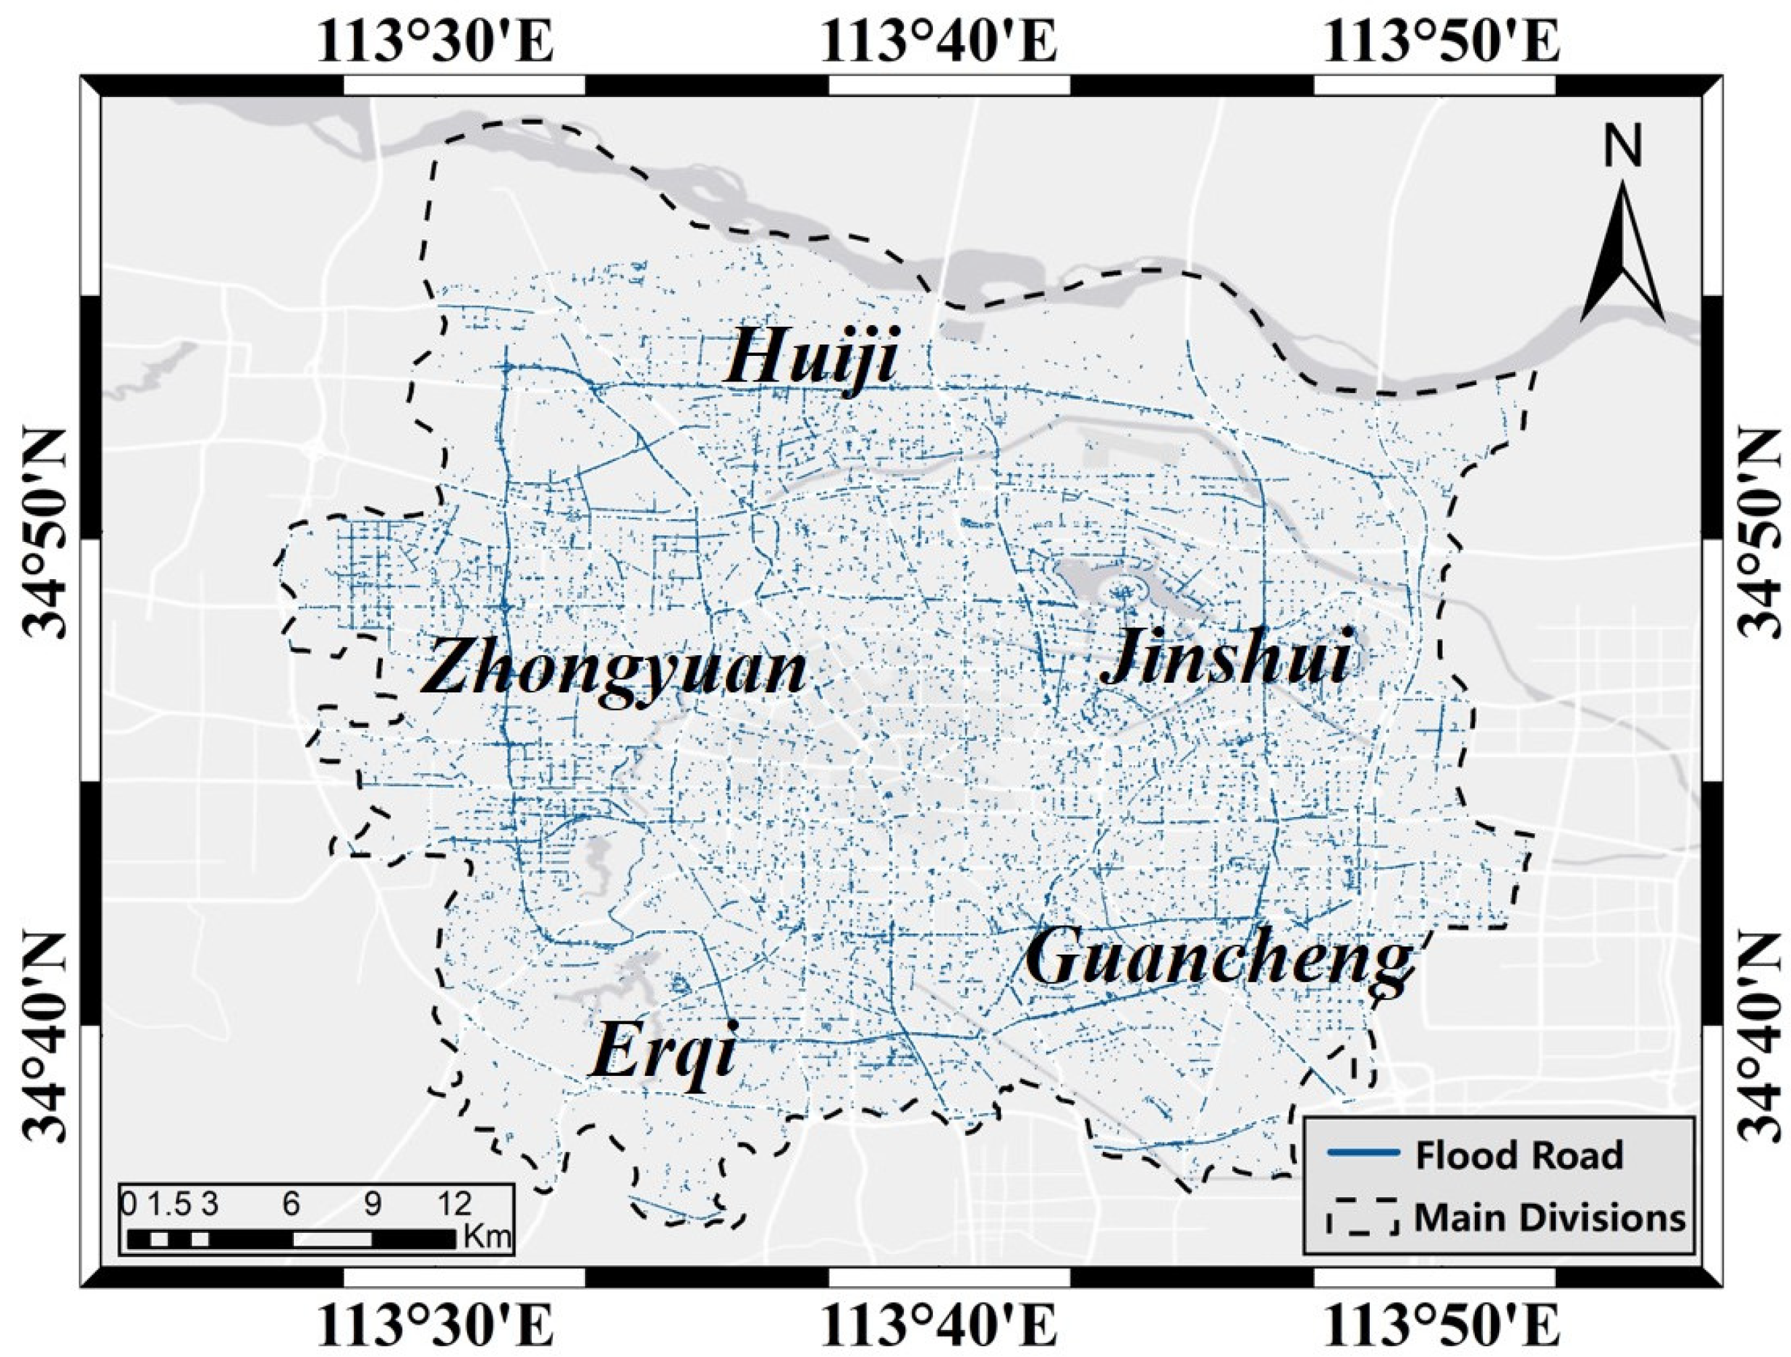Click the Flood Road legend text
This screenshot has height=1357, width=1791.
(x=1519, y=1155)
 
